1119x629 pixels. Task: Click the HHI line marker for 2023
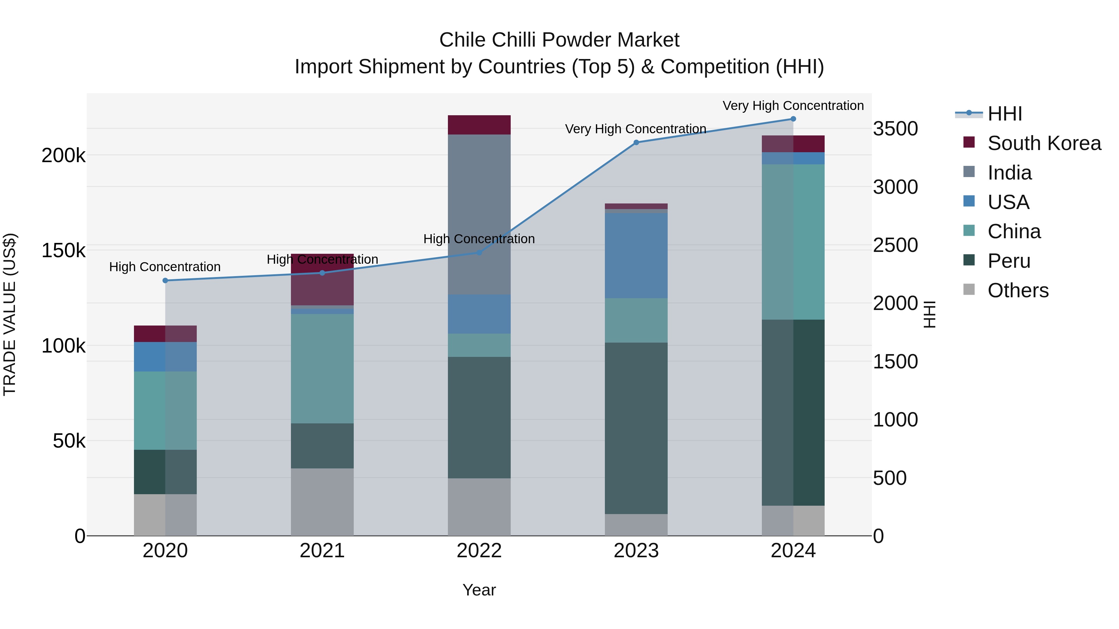click(x=636, y=142)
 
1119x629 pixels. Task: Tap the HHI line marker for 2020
click(x=165, y=280)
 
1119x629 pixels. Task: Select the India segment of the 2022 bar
click(x=479, y=214)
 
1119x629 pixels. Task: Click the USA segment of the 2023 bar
click(x=636, y=255)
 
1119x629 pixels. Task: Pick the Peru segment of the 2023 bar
click(x=636, y=428)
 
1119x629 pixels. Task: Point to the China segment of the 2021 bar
click(x=322, y=368)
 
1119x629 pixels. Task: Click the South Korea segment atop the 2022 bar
click(x=479, y=125)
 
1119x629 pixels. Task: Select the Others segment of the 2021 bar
click(x=322, y=502)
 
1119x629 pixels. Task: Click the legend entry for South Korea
click(x=1044, y=143)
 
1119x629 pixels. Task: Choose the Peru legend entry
click(x=1009, y=261)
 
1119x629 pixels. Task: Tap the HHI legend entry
click(x=1004, y=114)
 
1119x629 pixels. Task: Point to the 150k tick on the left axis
click(x=63, y=250)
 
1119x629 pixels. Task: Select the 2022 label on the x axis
click(x=479, y=551)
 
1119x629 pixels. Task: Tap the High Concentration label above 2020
click(x=165, y=267)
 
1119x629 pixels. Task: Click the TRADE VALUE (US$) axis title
click(x=10, y=314)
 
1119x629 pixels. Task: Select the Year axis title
click(x=479, y=590)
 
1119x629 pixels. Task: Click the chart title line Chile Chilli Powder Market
click(x=559, y=40)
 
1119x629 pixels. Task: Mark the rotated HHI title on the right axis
click(x=929, y=314)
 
